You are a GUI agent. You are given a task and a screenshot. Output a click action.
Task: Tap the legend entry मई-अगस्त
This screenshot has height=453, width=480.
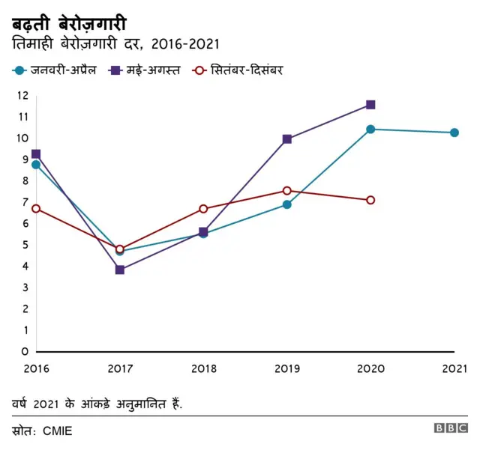pos(145,70)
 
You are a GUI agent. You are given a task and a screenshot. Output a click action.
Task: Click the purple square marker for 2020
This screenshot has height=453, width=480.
pos(370,105)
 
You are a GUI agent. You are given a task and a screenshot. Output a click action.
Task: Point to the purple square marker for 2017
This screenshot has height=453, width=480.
pos(119,270)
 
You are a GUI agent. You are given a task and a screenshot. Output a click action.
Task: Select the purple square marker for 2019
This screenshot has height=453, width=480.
pos(287,139)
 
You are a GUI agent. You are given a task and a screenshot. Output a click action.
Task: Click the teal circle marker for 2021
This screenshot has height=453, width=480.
pos(454,133)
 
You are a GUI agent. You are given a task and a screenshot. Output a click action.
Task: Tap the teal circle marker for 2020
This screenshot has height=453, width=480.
pos(370,130)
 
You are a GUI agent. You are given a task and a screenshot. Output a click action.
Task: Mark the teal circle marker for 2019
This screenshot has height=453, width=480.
pos(287,204)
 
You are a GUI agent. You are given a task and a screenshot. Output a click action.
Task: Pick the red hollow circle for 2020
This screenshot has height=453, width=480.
pos(370,200)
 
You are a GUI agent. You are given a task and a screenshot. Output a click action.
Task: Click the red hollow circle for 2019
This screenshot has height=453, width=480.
pos(287,191)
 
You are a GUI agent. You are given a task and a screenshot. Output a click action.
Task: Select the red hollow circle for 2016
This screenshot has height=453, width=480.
pos(36,209)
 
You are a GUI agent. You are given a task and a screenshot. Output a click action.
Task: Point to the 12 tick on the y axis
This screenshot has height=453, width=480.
pos(22,96)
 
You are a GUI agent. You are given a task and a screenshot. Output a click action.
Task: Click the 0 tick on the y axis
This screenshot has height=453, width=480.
pos(25,351)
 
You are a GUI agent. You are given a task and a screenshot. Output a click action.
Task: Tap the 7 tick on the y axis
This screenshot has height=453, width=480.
pos(25,202)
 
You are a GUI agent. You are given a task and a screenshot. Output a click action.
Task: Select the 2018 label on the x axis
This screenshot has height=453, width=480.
pos(203,368)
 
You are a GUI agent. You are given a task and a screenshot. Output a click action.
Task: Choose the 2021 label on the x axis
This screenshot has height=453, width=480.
pos(454,368)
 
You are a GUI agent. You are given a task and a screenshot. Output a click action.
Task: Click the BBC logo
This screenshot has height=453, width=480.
pos(451,429)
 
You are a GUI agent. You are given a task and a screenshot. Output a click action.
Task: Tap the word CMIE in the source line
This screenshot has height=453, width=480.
pos(57,431)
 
